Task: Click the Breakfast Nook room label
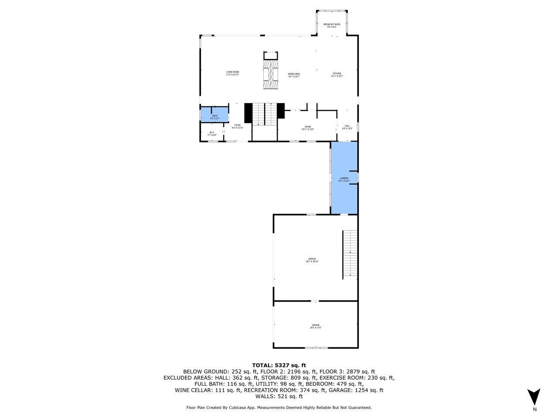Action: pyautogui.click(x=332, y=26)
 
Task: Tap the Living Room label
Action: pyautogui.click(x=232, y=73)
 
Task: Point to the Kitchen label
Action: pyautogui.click(x=337, y=75)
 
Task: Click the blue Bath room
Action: pyautogui.click(x=214, y=114)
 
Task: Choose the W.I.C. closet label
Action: pyautogui.click(x=212, y=134)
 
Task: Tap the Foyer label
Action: pyautogui.click(x=237, y=127)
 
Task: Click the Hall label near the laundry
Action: pyautogui.click(x=347, y=127)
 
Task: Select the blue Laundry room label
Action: pyautogui.click(x=344, y=179)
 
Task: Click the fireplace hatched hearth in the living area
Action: pyautogui.click(x=271, y=74)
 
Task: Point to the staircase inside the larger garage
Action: pyautogui.click(x=350, y=254)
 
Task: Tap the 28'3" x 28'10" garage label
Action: pyautogui.click(x=312, y=260)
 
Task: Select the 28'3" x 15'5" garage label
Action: pyautogui.click(x=316, y=326)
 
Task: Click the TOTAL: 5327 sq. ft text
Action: pyautogui.click(x=279, y=365)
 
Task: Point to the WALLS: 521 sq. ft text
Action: pyautogui.click(x=279, y=396)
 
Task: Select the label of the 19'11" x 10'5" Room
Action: pyautogui.click(x=308, y=128)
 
